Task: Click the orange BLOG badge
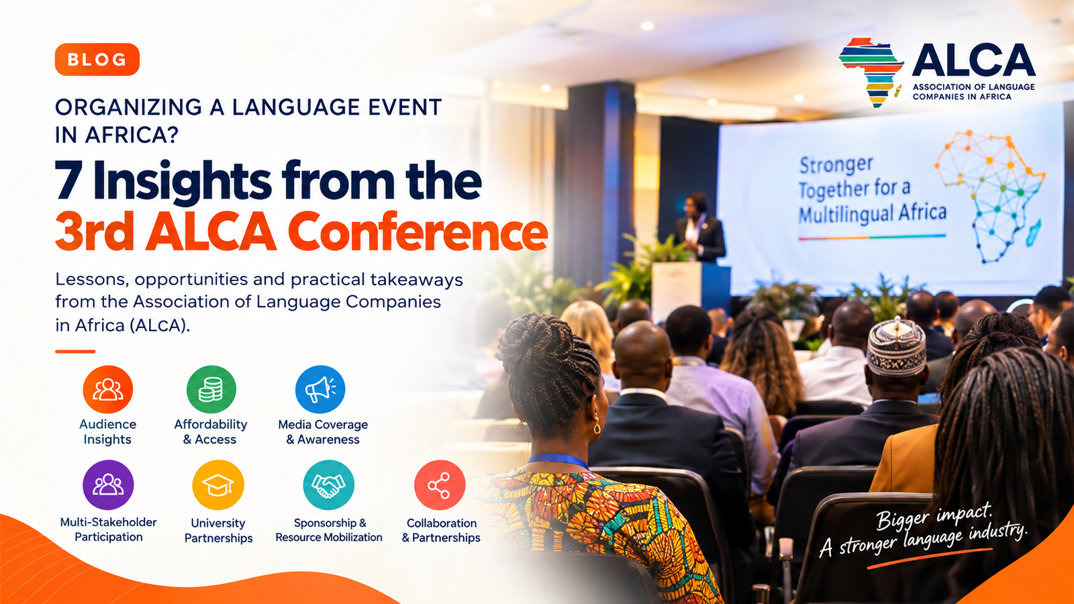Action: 97,60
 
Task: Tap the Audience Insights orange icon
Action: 108,389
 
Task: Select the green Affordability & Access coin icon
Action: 211,389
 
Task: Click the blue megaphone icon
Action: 320,389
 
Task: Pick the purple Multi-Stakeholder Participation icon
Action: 108,485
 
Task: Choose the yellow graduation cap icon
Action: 218,485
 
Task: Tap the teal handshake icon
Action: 329,485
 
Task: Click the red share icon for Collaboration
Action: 440,485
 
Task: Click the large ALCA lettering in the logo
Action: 973,60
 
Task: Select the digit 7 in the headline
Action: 67,181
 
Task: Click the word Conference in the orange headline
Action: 417,232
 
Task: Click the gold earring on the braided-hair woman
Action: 597,427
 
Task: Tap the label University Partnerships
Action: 218,530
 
